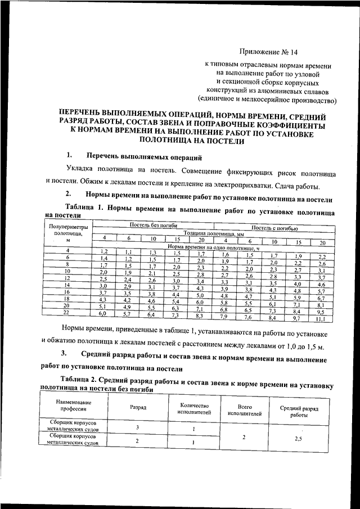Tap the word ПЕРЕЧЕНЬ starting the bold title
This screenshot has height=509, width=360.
pos(89,112)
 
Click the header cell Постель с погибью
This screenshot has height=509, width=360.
pos(274,228)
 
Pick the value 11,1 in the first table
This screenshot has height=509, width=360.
pos(321,318)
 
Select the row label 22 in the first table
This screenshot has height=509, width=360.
pos(67,313)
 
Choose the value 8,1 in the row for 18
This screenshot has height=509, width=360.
pos(321,304)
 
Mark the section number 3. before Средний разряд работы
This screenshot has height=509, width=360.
pos(65,353)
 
